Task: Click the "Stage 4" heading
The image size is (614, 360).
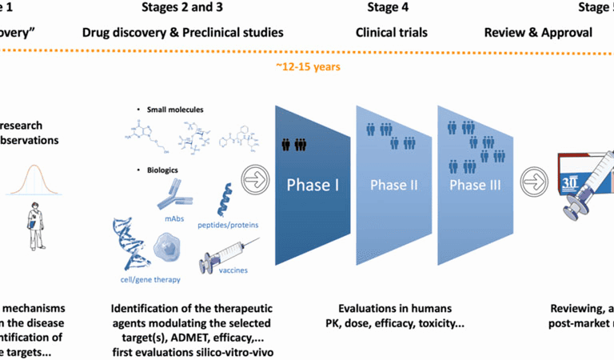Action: [391, 8]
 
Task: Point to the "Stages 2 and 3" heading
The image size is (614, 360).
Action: [183, 8]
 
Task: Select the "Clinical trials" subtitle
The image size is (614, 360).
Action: [391, 33]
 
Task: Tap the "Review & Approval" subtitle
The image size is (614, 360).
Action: [538, 33]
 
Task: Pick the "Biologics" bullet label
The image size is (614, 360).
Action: [164, 170]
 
